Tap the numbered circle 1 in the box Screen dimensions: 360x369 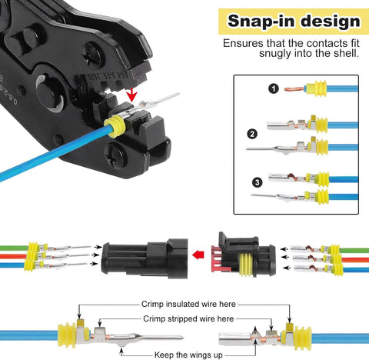point(251,88)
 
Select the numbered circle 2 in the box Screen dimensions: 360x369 point(251,133)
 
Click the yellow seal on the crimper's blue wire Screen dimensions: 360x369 point(115,128)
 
